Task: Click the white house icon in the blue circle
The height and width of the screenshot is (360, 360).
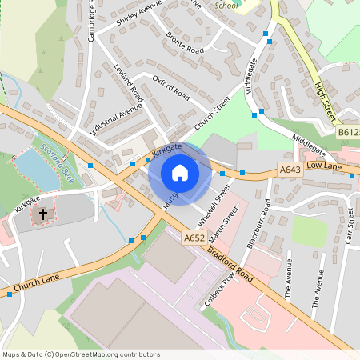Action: (180, 173)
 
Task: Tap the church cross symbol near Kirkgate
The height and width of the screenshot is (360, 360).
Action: (43, 215)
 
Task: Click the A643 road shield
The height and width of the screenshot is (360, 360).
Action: (290, 170)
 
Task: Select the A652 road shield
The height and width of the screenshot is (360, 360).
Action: (194, 238)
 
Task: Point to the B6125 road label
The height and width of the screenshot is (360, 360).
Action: (347, 132)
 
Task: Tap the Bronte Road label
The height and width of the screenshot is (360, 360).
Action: (184, 43)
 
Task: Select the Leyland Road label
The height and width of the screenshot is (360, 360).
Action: (128, 83)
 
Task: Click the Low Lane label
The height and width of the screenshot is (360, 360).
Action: (323, 165)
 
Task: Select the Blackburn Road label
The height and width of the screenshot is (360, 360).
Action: (258, 226)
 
